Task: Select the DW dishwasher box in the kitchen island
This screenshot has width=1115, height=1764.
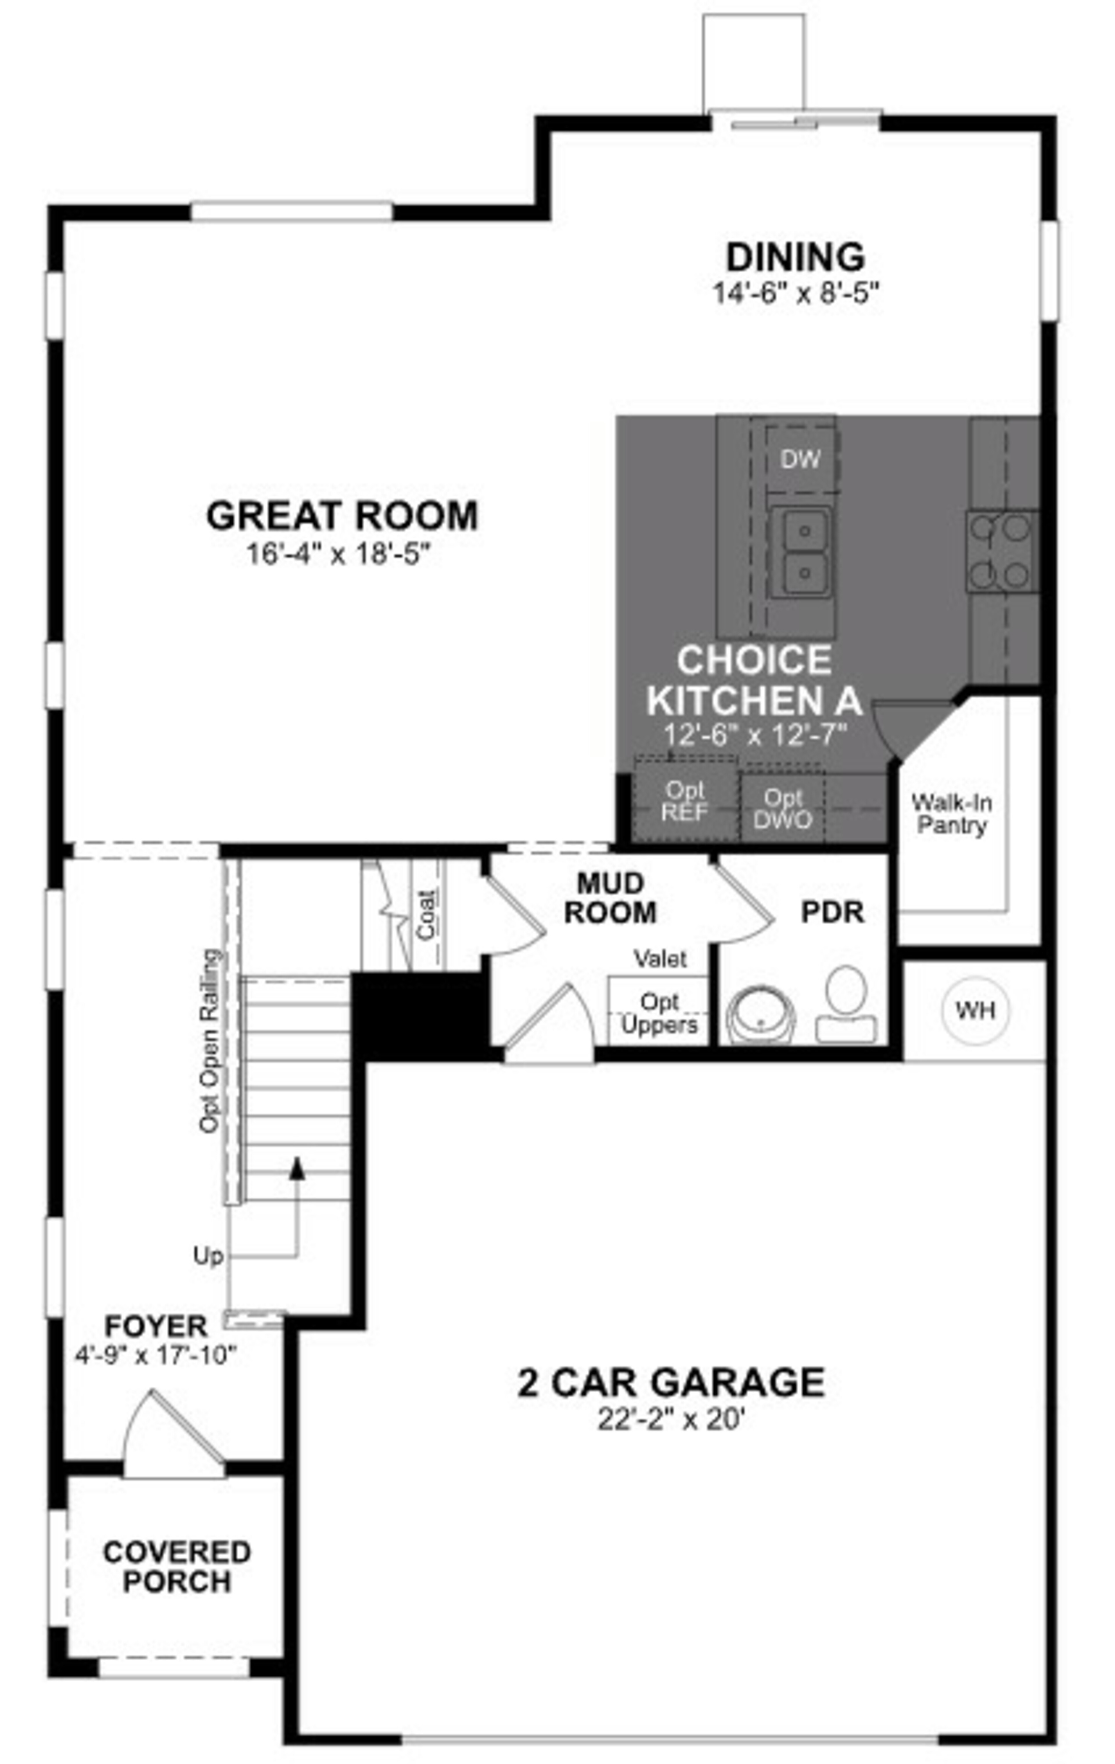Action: point(801,459)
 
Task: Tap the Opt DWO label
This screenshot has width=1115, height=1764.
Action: point(783,808)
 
